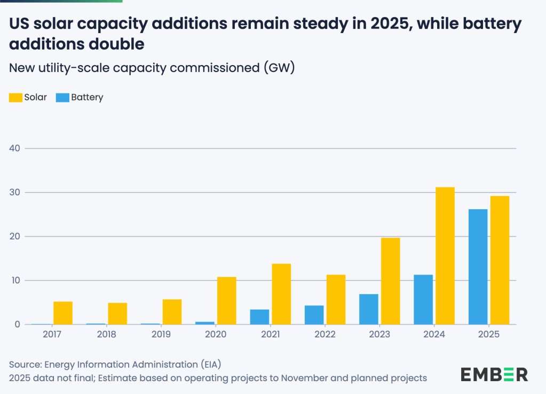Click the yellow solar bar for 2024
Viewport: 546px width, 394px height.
point(445,256)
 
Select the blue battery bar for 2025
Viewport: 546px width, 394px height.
point(478,266)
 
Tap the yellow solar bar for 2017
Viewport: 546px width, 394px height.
point(63,313)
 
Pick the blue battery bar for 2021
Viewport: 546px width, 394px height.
point(259,317)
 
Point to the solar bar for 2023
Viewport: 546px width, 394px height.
point(390,281)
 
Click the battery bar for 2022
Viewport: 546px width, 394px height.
point(314,315)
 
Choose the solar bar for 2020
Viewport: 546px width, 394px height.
point(226,301)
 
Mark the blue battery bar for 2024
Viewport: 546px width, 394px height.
point(423,300)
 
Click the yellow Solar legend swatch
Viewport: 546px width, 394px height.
point(15,97)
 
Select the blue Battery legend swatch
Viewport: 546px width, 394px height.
point(62,97)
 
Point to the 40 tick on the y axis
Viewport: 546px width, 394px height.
point(15,148)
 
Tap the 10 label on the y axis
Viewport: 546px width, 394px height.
point(15,280)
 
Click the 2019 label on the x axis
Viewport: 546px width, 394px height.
point(161,334)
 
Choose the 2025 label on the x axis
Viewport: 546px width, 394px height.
point(488,334)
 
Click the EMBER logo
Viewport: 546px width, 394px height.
point(494,374)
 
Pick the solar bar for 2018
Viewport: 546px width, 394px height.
point(117,313)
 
